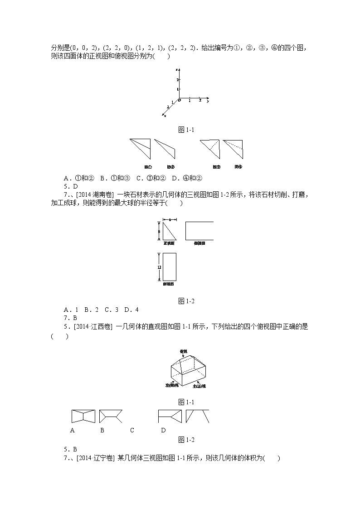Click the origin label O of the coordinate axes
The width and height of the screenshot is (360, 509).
pyautogui.click(x=179, y=100)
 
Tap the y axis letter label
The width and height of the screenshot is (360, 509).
pyautogui.click(x=207, y=102)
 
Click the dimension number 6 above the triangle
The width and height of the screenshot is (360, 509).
pyautogui.click(x=169, y=220)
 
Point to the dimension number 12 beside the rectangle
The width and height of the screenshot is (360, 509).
pyautogui.click(x=159, y=267)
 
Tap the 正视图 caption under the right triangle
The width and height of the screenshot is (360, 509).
pyautogui.click(x=169, y=243)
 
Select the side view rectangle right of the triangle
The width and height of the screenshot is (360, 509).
pyautogui.click(x=199, y=231)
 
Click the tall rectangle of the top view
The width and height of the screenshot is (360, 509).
pyautogui.click(x=169, y=267)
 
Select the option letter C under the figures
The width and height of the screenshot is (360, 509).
pyautogui.click(x=132, y=430)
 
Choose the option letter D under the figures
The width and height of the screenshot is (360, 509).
pyautogui.click(x=163, y=430)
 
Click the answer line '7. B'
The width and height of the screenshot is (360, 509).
pyautogui.click(x=70, y=318)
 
